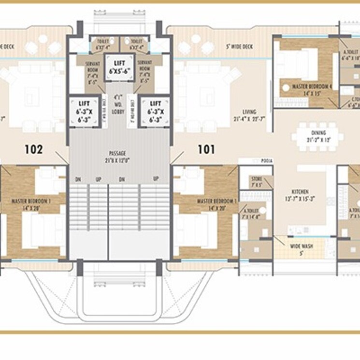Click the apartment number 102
coord(33,149)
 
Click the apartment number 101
coord(206,149)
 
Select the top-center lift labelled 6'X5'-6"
coord(117,67)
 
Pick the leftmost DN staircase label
coord(78,179)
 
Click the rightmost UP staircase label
coord(156,179)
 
